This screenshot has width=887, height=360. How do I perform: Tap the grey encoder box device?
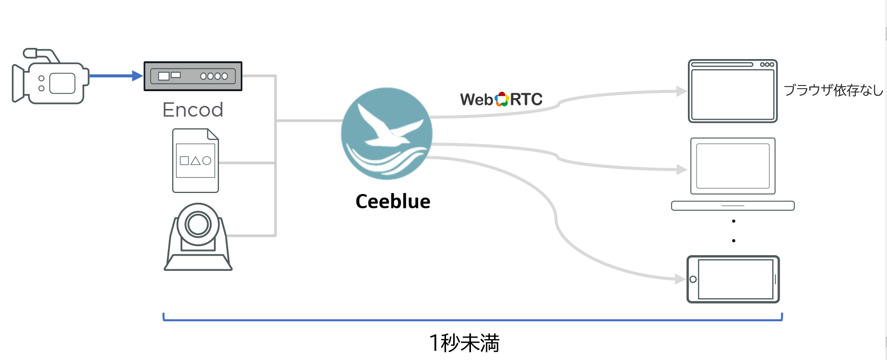[192, 76]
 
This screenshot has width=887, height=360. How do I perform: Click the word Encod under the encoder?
[192, 110]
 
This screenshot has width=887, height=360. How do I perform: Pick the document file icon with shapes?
[196, 161]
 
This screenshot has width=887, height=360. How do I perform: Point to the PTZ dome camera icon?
[198, 237]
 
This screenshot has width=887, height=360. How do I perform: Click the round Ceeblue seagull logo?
[386, 133]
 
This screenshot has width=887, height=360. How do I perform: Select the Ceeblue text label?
[393, 202]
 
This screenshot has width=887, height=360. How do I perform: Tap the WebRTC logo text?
[501, 99]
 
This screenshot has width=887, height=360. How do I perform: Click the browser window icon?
[733, 91]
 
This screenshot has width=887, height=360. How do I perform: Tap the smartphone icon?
[733, 280]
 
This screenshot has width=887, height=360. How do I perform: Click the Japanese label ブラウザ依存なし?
[833, 91]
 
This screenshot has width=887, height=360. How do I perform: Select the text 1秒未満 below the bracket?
[464, 343]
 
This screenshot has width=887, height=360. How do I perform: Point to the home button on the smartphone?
[693, 280]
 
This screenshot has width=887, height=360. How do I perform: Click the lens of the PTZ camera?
[198, 224]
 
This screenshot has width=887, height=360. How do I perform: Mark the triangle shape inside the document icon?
[196, 161]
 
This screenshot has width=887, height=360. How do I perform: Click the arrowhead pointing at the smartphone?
[680, 279]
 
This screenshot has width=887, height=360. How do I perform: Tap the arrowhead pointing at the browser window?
[681, 92]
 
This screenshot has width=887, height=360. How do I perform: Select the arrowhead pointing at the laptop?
[681, 170]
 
